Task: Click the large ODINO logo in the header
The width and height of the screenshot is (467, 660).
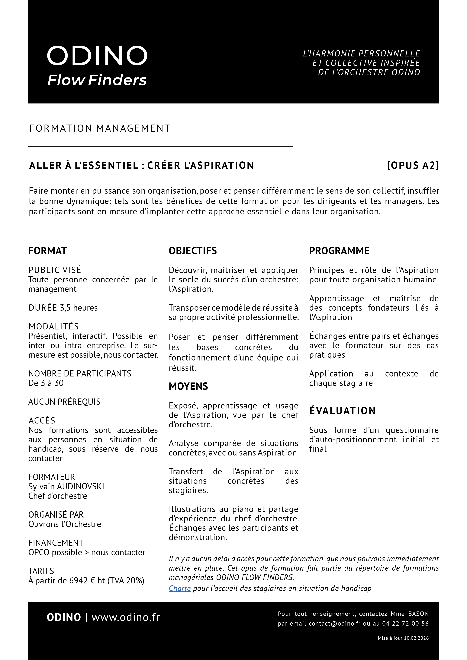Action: pyautogui.click(x=97, y=56)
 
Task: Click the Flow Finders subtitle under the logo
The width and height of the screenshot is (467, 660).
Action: pyautogui.click(x=97, y=80)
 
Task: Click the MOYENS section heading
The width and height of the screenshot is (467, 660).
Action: pyautogui.click(x=188, y=386)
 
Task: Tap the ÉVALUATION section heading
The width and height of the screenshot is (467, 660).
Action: pyautogui.click(x=342, y=411)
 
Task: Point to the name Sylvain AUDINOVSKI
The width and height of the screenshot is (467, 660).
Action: pyautogui.click(x=66, y=486)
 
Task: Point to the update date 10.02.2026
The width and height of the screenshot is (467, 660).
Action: pyautogui.click(x=416, y=638)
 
